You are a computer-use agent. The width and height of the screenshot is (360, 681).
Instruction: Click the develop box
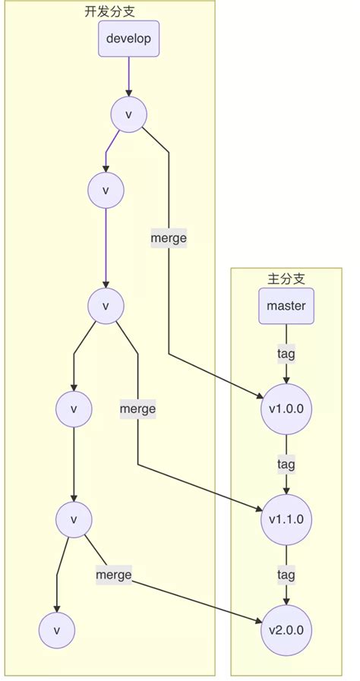[128, 39]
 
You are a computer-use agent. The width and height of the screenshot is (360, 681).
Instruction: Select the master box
[286, 307]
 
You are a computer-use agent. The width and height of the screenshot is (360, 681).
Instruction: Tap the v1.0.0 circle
[286, 408]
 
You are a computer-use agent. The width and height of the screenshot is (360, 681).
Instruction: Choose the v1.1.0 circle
[286, 520]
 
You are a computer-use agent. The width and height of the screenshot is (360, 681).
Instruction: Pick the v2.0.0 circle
[286, 630]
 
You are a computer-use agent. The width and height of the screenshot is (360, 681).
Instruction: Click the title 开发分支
[109, 13]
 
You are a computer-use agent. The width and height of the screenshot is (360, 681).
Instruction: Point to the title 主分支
[286, 279]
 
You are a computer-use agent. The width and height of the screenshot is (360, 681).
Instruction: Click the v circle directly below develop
[128, 115]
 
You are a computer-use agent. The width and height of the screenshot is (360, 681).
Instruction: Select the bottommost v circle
[57, 630]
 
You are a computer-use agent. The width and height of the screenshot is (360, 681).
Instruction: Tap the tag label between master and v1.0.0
[286, 353]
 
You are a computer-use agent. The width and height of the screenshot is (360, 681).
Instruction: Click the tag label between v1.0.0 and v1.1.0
[286, 464]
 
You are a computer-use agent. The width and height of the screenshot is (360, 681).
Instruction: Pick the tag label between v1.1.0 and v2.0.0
[286, 575]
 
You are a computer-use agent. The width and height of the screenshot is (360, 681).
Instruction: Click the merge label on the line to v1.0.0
[169, 238]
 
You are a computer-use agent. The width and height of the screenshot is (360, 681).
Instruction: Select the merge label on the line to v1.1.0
[137, 408]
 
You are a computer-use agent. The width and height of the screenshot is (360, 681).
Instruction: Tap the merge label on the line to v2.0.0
[113, 575]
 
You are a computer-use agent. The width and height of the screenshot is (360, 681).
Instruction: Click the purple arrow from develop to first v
[128, 76]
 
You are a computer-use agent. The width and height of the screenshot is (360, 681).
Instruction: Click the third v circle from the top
[106, 306]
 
